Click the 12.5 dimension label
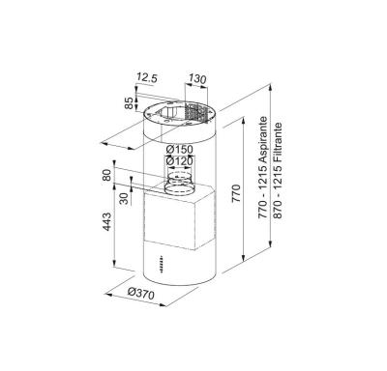point(147,78)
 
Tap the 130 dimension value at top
point(197,78)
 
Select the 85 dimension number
point(129,103)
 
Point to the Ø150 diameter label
point(179,150)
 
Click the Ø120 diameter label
point(179,160)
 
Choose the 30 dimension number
point(124,198)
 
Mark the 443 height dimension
point(106,221)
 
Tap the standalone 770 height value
point(236,193)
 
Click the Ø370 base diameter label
point(141,294)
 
